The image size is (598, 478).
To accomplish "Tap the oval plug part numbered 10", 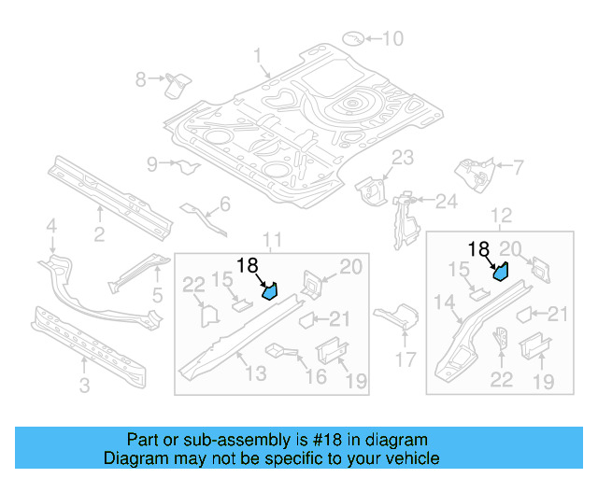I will click(x=353, y=38).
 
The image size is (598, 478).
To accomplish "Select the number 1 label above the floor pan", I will click(x=257, y=57).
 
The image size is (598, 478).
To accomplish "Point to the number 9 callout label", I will click(x=152, y=165).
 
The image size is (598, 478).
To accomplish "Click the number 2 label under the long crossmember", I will click(x=99, y=233).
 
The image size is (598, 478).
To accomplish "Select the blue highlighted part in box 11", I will click(x=270, y=291).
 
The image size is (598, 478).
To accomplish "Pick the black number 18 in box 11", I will click(x=248, y=265).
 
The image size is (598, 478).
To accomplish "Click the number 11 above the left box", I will click(x=271, y=242).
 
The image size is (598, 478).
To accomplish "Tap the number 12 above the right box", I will click(x=502, y=216).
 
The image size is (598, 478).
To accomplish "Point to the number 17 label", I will click(x=406, y=358).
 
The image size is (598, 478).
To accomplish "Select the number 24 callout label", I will click(x=446, y=201).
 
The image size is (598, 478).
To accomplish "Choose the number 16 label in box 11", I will click(x=316, y=375).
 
